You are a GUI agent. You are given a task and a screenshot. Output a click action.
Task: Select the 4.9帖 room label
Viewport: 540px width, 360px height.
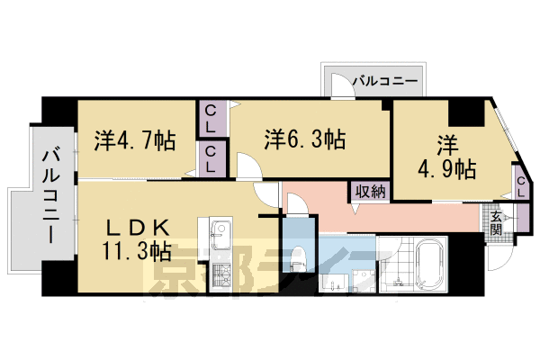click(x=447, y=157)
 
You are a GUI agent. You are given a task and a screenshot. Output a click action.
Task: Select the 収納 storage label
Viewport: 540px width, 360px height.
click(x=370, y=191)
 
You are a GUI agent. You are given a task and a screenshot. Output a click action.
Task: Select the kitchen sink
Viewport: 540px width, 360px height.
click(x=220, y=239)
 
